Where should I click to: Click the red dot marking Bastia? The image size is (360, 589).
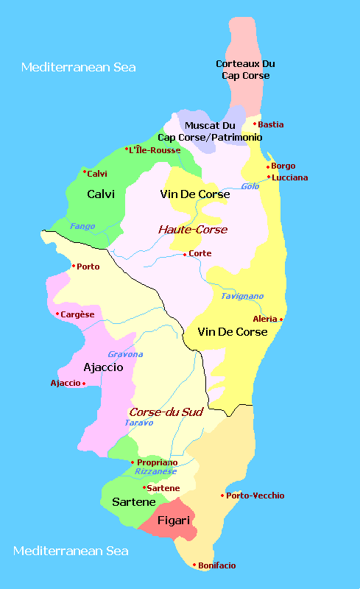255,124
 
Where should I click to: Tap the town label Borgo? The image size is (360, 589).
283,166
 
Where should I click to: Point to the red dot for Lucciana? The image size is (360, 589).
269,177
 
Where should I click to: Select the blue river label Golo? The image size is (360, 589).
250,186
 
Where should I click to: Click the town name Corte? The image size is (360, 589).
200,253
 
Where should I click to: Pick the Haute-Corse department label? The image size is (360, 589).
193,230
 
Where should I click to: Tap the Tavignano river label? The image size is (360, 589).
242,296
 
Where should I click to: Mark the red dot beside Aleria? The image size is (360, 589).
281,319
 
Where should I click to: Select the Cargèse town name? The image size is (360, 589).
77,314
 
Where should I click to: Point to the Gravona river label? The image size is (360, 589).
125,354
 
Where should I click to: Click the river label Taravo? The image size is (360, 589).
138,423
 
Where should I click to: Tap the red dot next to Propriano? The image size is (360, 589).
133,462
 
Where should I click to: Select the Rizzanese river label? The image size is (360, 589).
156,471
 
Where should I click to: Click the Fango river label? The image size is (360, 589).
82,226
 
